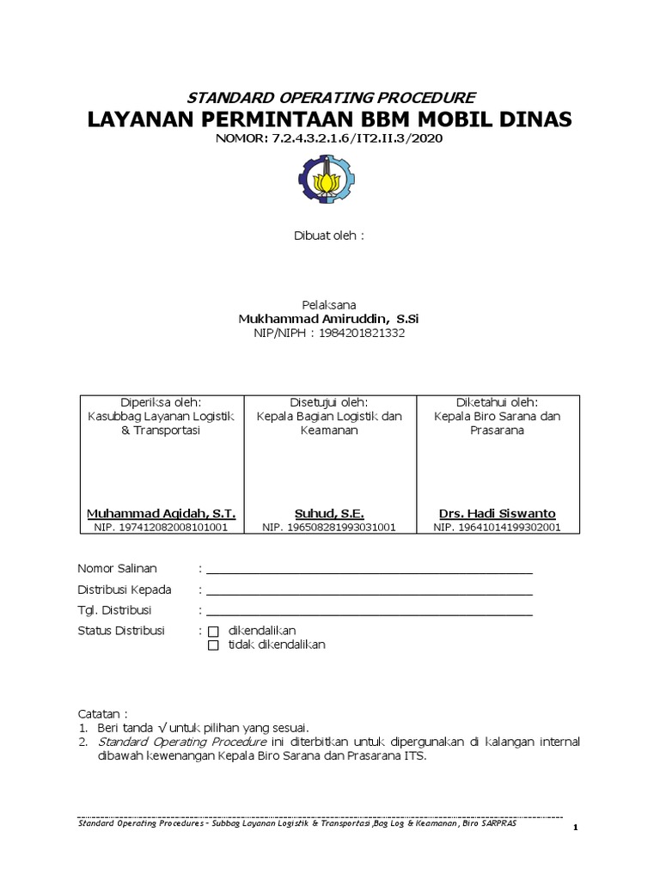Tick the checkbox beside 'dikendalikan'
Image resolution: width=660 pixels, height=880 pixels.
[x=214, y=631]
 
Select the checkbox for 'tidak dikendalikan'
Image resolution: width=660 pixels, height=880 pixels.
[x=214, y=645]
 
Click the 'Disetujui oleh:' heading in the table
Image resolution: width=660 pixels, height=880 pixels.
[x=330, y=402]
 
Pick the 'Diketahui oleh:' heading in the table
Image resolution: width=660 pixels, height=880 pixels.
[x=498, y=402]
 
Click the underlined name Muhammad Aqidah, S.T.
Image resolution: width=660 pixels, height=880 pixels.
[x=161, y=513]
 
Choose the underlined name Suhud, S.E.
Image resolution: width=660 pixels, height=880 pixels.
[x=330, y=513]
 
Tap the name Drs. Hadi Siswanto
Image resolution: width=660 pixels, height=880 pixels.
[x=498, y=513]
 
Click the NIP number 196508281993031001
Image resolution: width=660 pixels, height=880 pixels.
[x=329, y=527]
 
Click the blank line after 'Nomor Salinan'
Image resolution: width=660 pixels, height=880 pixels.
[x=369, y=571]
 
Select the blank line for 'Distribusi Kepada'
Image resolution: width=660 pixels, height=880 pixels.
[x=369, y=592]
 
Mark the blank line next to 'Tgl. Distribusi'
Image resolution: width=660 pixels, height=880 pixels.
[x=369, y=613]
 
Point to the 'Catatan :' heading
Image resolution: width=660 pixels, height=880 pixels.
[x=102, y=713]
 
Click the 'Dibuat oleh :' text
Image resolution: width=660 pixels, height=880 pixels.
[x=330, y=235]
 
